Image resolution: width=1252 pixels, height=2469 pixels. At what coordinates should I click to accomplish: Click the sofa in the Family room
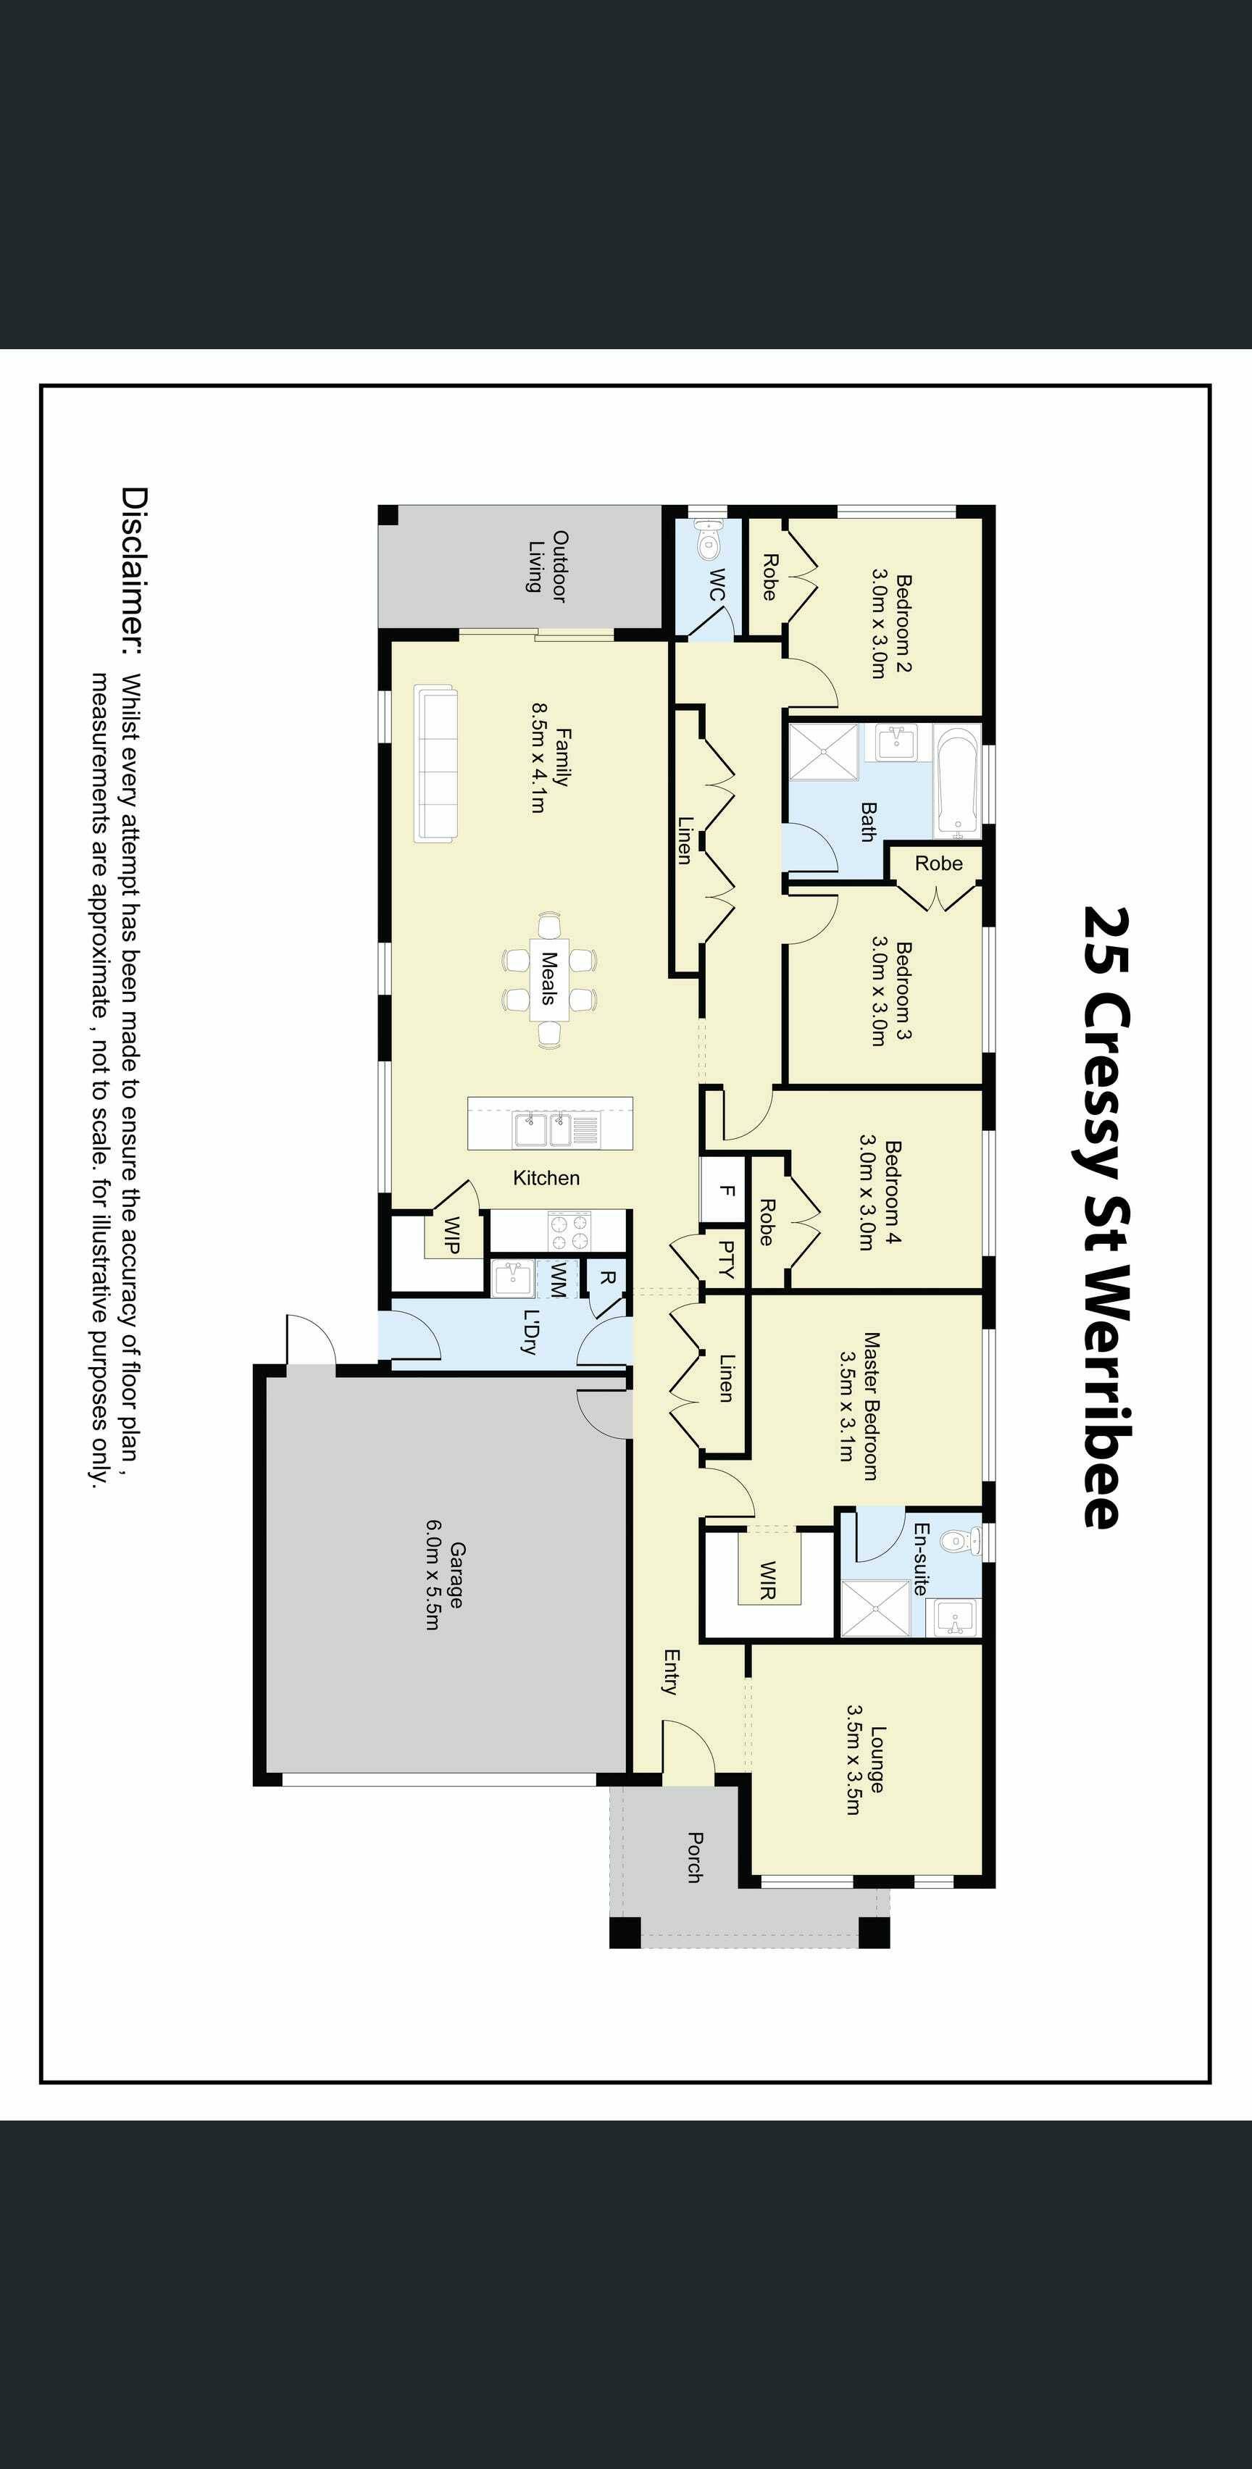click(x=435, y=764)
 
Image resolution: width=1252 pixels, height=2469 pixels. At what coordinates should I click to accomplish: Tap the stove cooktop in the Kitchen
click(x=569, y=1231)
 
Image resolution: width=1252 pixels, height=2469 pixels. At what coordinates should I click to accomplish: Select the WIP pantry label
click(x=451, y=1234)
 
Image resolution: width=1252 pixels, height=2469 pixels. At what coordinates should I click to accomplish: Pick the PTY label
click(x=727, y=1259)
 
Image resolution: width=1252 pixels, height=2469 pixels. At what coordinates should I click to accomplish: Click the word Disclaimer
click(x=134, y=570)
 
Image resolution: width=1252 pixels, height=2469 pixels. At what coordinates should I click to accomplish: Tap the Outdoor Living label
click(x=548, y=567)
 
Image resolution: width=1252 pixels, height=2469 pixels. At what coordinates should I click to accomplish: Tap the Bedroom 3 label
click(x=890, y=992)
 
